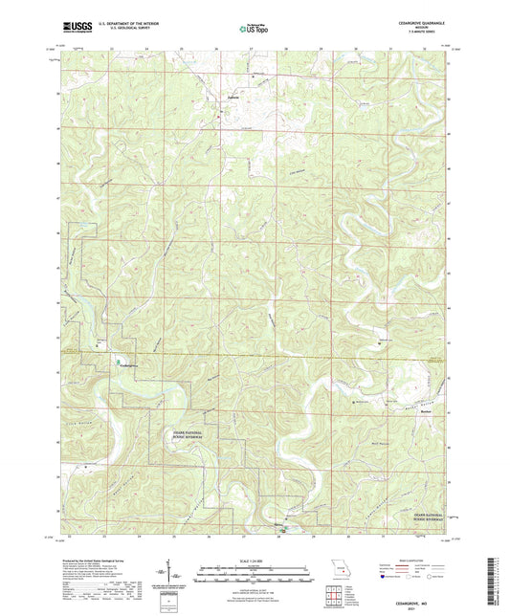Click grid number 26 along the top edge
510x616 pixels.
point(216,49)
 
